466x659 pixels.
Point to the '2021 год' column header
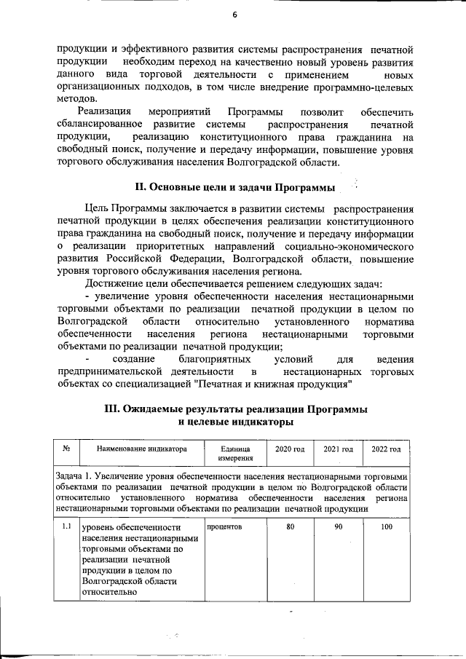pyautogui.click(x=338, y=449)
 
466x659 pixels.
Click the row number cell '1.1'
pyautogui.click(x=66, y=526)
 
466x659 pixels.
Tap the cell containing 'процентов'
pyautogui.click(x=224, y=526)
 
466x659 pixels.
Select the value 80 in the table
pyautogui.click(x=290, y=526)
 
